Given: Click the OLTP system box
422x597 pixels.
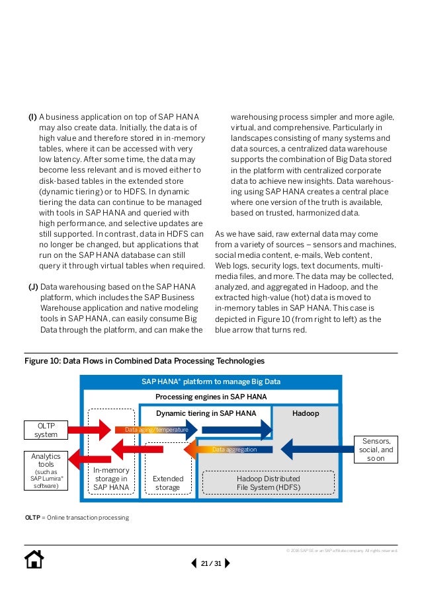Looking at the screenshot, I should [x=46, y=430].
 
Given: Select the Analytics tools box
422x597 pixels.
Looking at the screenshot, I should [x=46, y=470].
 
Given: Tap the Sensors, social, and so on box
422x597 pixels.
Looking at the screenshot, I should [x=376, y=450].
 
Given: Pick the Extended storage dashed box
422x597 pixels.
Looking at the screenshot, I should [x=167, y=483].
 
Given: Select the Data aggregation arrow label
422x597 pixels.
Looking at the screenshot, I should [x=235, y=450].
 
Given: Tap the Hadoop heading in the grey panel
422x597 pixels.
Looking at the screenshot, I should [x=306, y=413].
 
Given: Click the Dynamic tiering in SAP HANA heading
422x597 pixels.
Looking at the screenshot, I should [x=206, y=413].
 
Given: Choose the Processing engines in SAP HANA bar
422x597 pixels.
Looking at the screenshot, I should [x=211, y=397].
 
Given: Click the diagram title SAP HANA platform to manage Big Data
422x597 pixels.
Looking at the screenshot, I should [x=211, y=381].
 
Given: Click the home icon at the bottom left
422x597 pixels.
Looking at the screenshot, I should [x=34, y=560].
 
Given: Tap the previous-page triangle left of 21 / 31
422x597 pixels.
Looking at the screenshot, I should [x=194, y=563].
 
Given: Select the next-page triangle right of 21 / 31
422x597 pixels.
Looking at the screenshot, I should [x=228, y=563].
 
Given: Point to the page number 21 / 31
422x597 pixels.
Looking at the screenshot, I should [x=211, y=563].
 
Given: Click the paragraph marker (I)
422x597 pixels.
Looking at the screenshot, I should [x=32, y=118].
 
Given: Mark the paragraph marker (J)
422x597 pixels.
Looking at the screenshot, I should [x=32, y=287].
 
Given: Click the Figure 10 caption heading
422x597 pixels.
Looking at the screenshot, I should [x=144, y=361].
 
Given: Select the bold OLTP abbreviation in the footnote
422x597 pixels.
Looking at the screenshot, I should [x=32, y=517].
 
